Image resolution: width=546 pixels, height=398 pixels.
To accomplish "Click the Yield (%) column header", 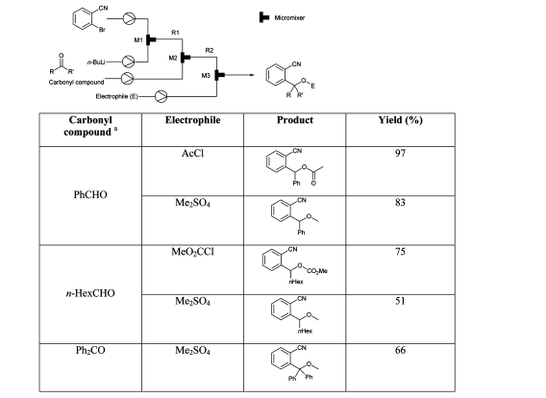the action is (x=401, y=120).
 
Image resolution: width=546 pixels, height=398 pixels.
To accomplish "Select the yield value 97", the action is (x=400, y=153).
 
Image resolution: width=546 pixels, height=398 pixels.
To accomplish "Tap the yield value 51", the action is (x=400, y=301).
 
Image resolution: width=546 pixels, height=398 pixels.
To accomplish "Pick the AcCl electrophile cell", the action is (x=192, y=153).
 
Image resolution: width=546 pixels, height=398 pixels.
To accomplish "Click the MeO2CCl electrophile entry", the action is (x=192, y=252).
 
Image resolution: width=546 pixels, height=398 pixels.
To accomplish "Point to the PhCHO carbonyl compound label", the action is (x=90, y=194).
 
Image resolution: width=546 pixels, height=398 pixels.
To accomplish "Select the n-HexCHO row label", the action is (x=90, y=293).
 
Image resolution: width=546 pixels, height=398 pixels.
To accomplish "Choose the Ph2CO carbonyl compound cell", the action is (x=90, y=350).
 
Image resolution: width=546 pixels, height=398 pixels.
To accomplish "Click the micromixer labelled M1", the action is (x=150, y=39).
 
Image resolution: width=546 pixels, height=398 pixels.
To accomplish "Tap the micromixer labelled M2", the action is (x=185, y=57).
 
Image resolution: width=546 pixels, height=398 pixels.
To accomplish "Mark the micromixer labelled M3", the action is (x=219, y=75).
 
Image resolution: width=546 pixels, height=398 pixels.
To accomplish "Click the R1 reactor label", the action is (x=175, y=33).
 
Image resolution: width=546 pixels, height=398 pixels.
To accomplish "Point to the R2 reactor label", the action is (x=210, y=51).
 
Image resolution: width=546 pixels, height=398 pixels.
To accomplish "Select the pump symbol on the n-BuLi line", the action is (x=129, y=62).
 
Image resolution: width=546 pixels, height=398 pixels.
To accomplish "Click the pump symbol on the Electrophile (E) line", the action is (x=161, y=96).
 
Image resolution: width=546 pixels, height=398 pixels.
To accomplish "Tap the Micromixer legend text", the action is (x=289, y=17).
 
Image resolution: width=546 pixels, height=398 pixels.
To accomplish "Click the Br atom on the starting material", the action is (x=102, y=30).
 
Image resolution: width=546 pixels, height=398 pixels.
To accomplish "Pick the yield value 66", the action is (x=400, y=350).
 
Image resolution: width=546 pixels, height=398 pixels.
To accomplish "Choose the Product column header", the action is (x=295, y=120).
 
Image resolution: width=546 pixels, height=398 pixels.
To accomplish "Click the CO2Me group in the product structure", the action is (x=317, y=271).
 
